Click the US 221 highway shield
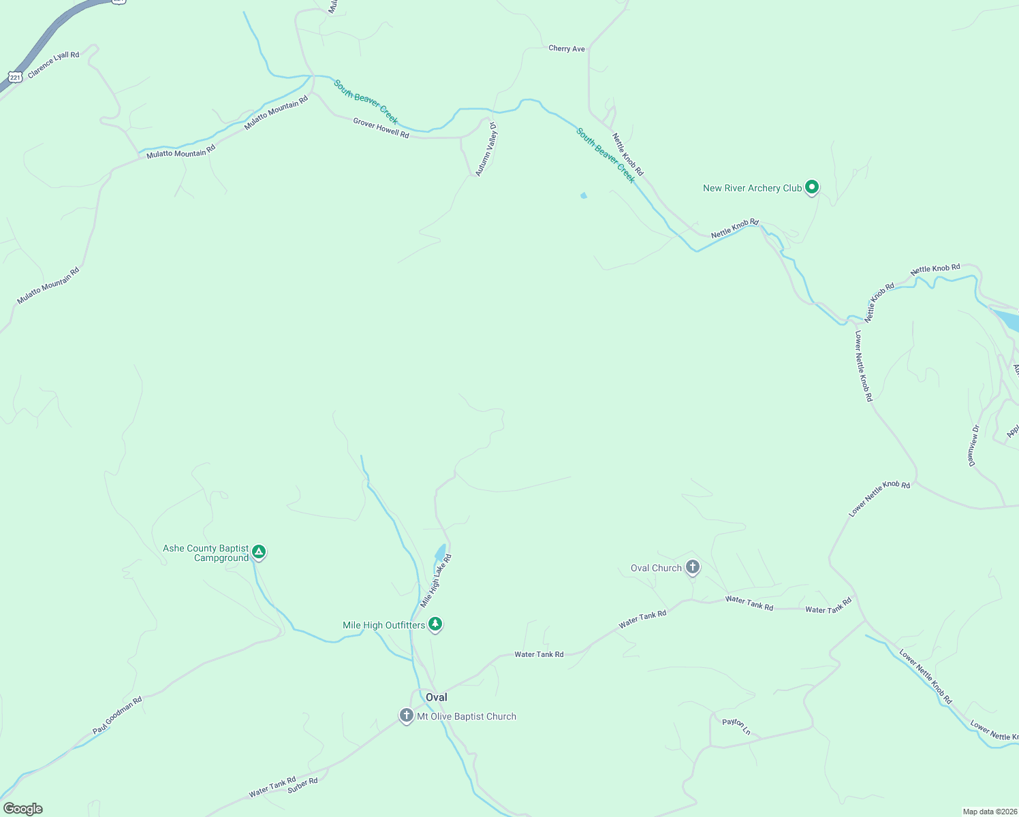[x=15, y=78]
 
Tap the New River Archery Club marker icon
[x=811, y=187]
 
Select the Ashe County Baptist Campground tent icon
[x=259, y=551]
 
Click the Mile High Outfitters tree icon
[x=435, y=624]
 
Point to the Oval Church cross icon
[x=693, y=566]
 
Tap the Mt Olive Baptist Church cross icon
[x=407, y=716]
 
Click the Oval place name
[x=437, y=697]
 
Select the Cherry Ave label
[x=567, y=49]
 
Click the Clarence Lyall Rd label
[x=54, y=65]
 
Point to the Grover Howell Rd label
[x=381, y=128]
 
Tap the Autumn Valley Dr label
[x=486, y=150]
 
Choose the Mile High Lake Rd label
[x=436, y=581]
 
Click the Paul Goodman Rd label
[x=117, y=715]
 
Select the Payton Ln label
[x=736, y=726]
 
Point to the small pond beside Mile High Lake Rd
[x=440, y=552]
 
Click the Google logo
[x=23, y=809]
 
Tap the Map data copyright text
[x=989, y=812]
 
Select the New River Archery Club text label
[x=752, y=189]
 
